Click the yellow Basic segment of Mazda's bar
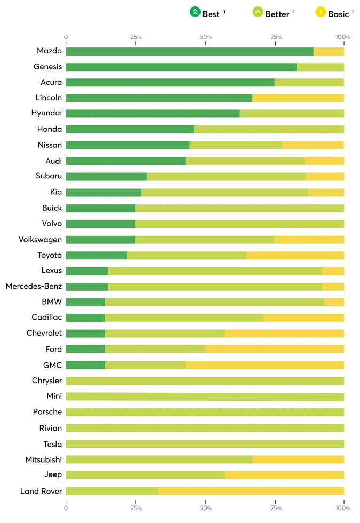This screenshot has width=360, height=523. click(329, 51)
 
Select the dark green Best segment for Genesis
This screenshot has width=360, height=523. click(181, 67)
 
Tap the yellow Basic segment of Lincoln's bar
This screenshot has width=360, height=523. click(298, 98)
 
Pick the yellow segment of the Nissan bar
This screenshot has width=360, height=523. click(313, 145)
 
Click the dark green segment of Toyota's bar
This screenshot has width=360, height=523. click(97, 256)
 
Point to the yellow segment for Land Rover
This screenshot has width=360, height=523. click(251, 491)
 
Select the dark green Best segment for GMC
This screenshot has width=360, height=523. click(85, 365)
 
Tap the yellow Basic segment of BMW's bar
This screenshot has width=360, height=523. click(334, 302)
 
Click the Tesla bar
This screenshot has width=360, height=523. click(205, 444)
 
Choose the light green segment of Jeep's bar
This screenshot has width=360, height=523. click(145, 475)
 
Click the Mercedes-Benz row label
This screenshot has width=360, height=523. click(34, 286)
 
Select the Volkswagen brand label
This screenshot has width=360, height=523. click(41, 240)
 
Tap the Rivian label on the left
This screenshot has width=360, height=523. click(51, 428)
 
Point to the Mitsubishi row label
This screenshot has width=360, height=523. click(44, 459)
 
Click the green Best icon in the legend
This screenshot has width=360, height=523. click(195, 12)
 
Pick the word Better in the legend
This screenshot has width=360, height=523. click(277, 14)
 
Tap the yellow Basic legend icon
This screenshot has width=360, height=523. click(321, 12)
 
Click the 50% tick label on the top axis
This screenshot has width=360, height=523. click(206, 37)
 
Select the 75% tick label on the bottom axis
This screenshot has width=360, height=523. click(276, 508)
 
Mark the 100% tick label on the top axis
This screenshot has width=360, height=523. click(342, 37)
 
